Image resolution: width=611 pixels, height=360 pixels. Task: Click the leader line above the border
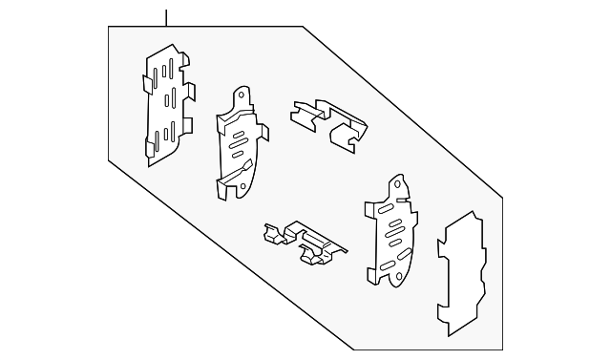tap(165, 16)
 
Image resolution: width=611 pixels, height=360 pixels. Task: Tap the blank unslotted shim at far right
tap(462, 272)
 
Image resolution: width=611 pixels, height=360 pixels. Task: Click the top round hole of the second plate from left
tap(241, 96)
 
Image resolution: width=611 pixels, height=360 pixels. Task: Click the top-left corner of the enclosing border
tap(111, 27)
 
